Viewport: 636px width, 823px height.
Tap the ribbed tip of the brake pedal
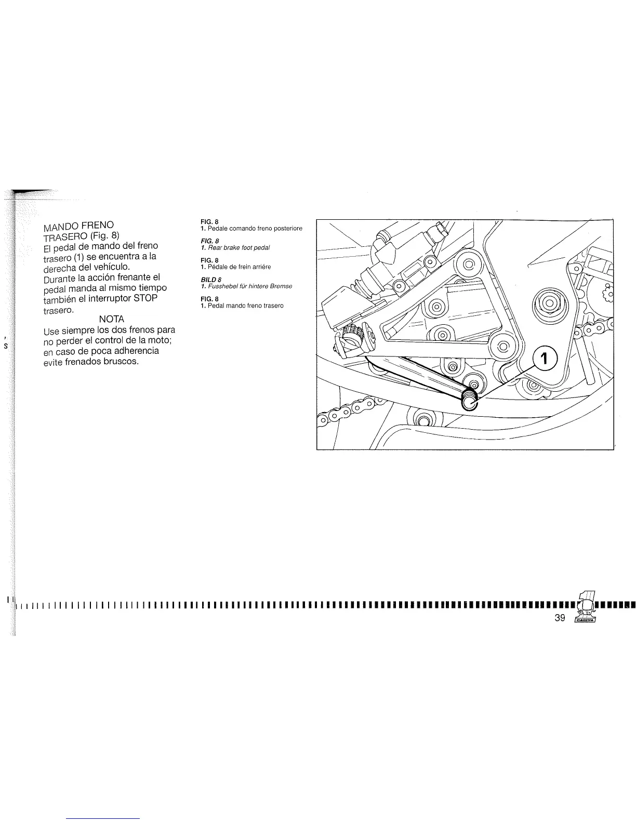[x=470, y=401]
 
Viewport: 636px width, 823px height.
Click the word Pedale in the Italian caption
[x=218, y=229]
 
